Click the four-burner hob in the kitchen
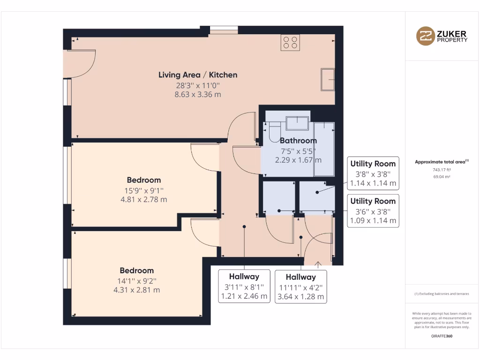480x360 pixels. pos(290,43)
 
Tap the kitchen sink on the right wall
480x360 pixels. pos(328,79)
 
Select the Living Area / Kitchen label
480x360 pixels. pos(197,75)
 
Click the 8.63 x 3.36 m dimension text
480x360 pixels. pos(197,94)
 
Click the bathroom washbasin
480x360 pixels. pos(297,123)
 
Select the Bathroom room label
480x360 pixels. pos(298,141)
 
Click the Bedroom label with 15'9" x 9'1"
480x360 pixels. pos(143,180)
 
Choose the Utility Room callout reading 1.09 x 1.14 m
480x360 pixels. pos(373,211)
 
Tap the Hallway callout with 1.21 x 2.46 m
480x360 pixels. pos(244,286)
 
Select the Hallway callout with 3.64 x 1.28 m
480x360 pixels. pos(300,286)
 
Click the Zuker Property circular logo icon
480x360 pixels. pos(426,36)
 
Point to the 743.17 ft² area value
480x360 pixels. pos(442,170)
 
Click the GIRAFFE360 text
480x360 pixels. pos(442,336)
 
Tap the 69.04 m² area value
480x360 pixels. pos(442,177)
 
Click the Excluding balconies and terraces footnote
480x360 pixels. pos(442,294)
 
